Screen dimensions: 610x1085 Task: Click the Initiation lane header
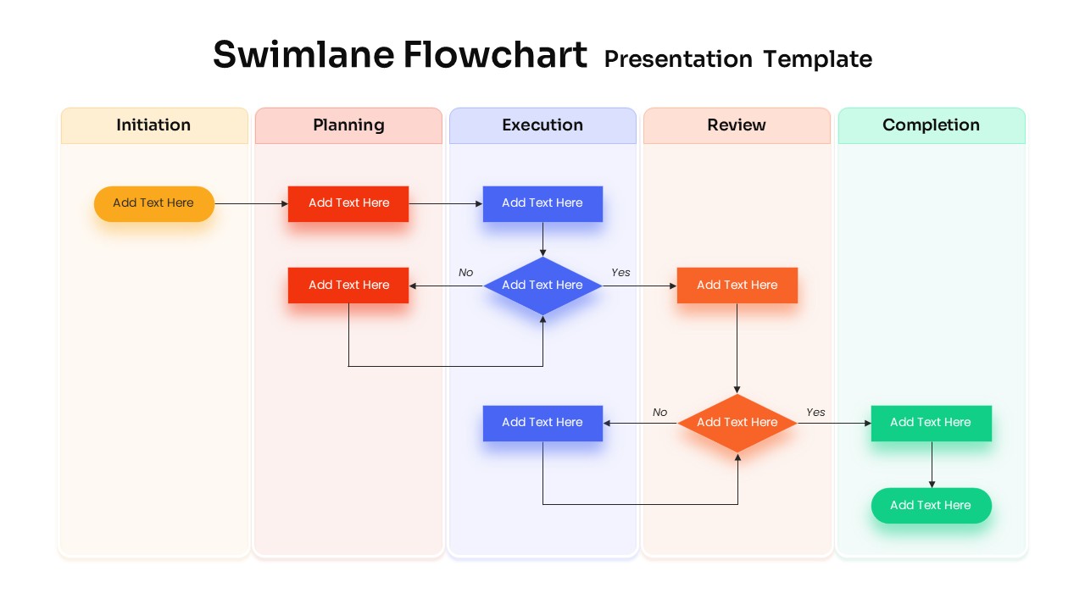click(x=153, y=125)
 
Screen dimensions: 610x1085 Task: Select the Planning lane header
click(x=348, y=125)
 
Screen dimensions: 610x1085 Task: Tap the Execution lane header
click(x=542, y=125)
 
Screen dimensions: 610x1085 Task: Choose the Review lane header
click(x=737, y=125)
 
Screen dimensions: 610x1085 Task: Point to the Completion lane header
click(x=931, y=125)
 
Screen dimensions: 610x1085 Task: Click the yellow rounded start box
click(x=153, y=203)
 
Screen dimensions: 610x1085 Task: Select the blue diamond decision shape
click(x=542, y=286)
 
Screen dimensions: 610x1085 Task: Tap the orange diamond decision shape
click(x=737, y=423)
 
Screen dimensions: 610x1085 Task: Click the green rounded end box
click(x=931, y=506)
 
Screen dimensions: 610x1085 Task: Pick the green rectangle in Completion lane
click(x=931, y=423)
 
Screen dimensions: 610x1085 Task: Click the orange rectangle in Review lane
click(x=737, y=286)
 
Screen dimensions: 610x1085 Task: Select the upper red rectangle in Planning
click(x=348, y=203)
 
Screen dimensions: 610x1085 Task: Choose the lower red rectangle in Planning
click(x=348, y=286)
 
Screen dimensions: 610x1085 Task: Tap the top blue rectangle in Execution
click(x=542, y=203)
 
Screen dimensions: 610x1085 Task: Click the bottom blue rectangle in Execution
click(x=542, y=423)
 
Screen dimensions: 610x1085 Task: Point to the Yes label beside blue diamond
click(x=620, y=273)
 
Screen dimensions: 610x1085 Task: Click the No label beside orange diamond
click(x=659, y=413)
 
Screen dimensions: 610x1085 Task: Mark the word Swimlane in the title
click(x=303, y=55)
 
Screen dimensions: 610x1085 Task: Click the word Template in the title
click(x=817, y=59)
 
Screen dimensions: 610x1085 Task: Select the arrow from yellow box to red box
click(x=251, y=204)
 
